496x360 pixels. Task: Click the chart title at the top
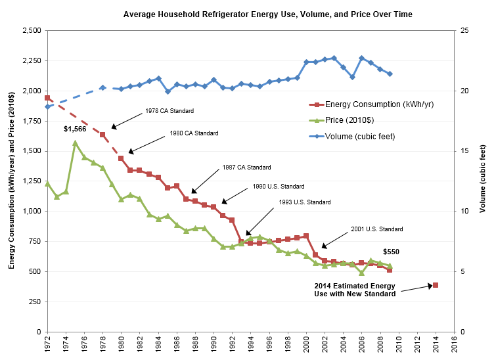(267, 14)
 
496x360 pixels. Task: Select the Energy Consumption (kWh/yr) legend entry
(371, 104)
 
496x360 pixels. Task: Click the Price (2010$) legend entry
(342, 120)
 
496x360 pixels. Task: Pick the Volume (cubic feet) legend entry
(351, 137)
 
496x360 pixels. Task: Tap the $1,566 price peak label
(75, 129)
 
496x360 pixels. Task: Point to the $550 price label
(391, 252)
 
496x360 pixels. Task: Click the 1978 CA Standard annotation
(169, 111)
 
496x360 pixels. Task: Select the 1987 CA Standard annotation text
(247, 168)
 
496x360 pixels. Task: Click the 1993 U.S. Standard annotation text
(305, 202)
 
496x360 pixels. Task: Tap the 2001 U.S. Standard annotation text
(377, 229)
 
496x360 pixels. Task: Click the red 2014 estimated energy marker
(436, 285)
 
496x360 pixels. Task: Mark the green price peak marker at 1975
(76, 143)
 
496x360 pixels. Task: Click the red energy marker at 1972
(47, 98)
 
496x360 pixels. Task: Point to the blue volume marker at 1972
(47, 106)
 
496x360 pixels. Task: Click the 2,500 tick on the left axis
(32, 30)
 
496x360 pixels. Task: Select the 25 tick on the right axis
(464, 30)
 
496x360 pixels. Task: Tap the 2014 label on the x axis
(436, 343)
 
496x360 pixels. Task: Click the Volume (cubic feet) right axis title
(482, 179)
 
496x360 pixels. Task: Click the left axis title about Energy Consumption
(11, 180)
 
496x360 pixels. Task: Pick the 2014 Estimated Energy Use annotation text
(355, 290)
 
